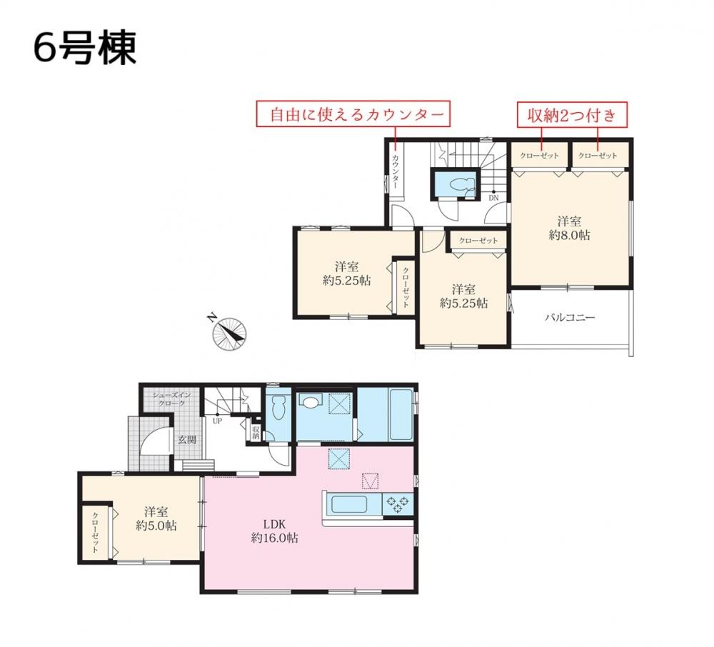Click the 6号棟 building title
click(x=85, y=48)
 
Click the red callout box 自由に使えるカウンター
click(x=353, y=114)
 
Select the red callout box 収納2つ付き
click(x=572, y=115)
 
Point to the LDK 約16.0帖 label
click(x=275, y=531)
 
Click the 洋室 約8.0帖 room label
click(x=569, y=229)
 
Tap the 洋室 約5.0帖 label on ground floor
click(x=156, y=518)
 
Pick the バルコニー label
click(x=570, y=317)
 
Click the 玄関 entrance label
click(x=187, y=440)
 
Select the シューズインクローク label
click(x=171, y=399)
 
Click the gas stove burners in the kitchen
click(x=398, y=504)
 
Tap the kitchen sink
click(x=349, y=504)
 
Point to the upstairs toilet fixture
click(x=460, y=185)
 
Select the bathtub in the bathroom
click(x=401, y=414)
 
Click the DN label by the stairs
click(x=493, y=198)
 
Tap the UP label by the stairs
click(x=217, y=421)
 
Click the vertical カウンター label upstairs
click(x=396, y=171)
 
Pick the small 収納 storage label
click(x=256, y=432)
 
